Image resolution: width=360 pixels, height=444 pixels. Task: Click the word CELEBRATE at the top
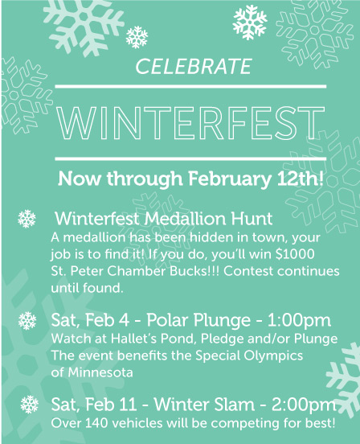[x=194, y=66]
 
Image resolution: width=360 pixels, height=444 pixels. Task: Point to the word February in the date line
[x=229, y=179]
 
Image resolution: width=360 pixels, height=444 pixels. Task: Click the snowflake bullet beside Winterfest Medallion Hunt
[x=27, y=219]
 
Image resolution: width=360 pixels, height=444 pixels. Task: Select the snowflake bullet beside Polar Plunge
[x=27, y=321]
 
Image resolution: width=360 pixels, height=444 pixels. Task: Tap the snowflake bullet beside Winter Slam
[x=30, y=405]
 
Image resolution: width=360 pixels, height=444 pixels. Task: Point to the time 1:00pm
[x=299, y=321]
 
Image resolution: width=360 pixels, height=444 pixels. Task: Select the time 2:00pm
[x=304, y=405]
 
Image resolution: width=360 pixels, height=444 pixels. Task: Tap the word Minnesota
[x=100, y=372]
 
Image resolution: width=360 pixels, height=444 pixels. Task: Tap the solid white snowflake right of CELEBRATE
[x=250, y=22]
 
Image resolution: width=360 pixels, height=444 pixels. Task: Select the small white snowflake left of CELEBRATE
[x=137, y=37]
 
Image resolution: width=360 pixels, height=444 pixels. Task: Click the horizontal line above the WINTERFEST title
[x=190, y=86]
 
